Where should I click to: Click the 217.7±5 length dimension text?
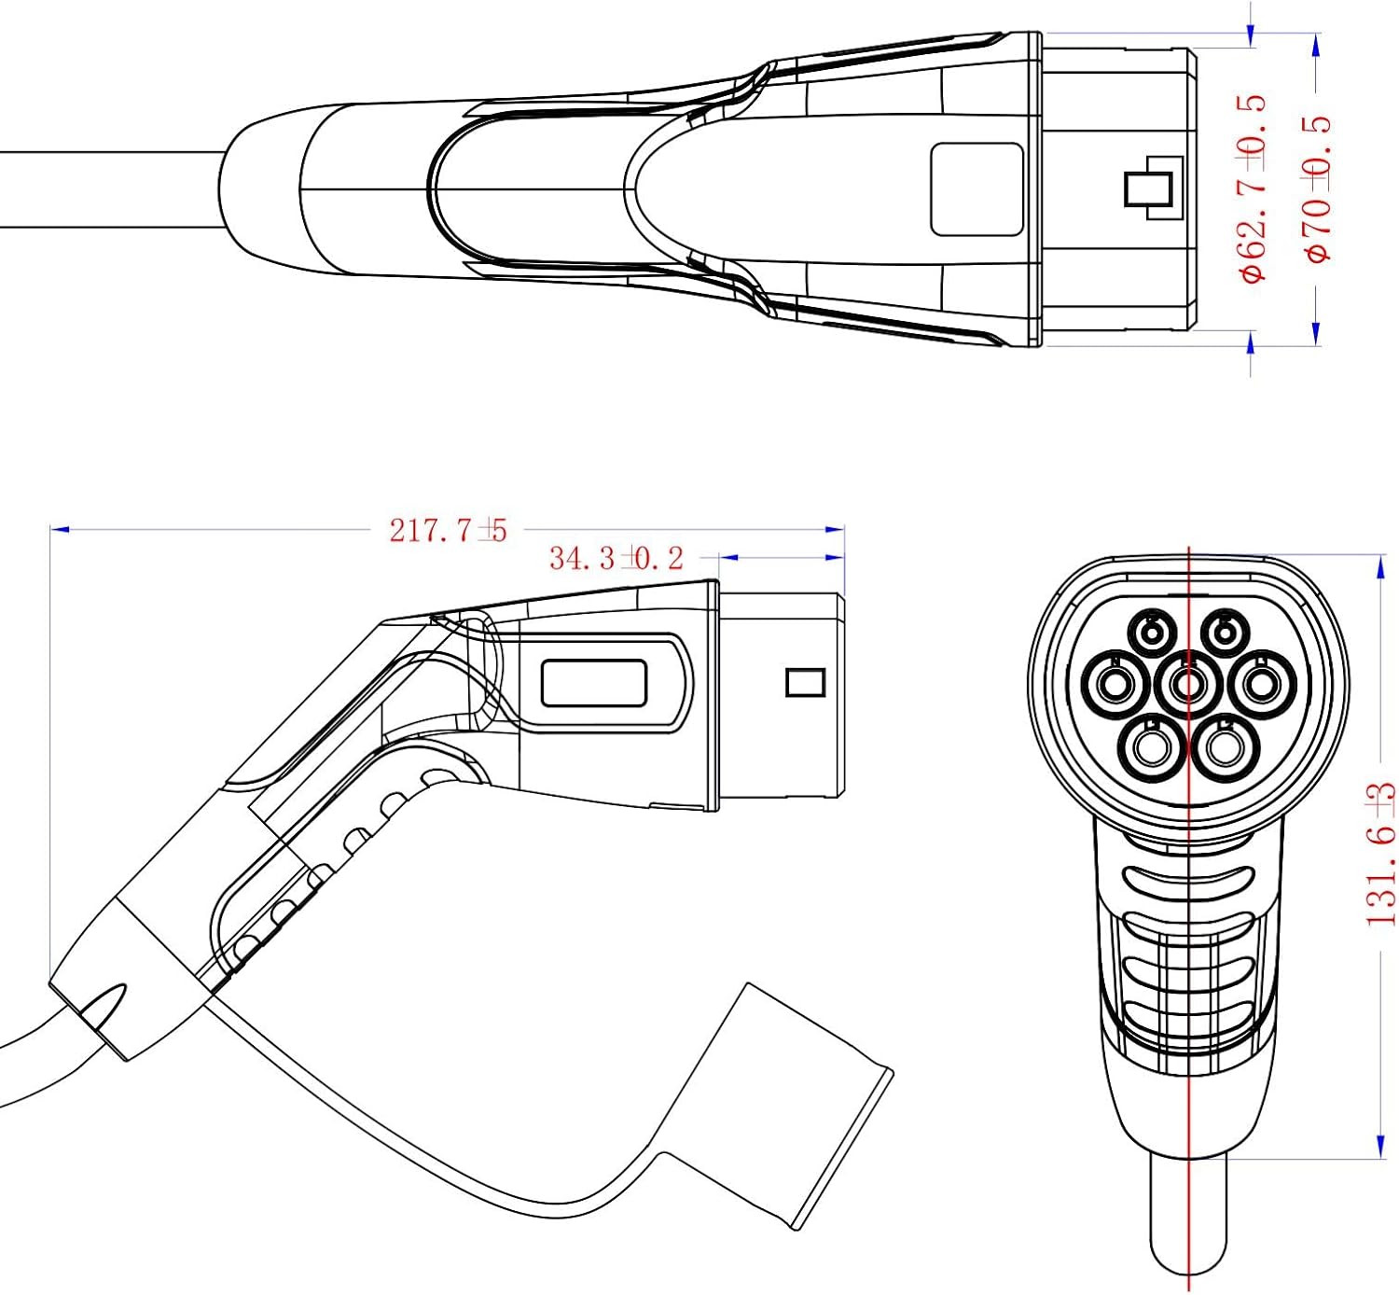[x=448, y=530]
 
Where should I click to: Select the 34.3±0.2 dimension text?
[x=616, y=558]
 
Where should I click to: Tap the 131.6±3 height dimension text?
[x=1381, y=854]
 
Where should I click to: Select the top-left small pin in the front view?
[x=1154, y=632]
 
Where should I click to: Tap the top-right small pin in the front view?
[x=1223, y=632]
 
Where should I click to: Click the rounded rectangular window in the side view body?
[x=594, y=682]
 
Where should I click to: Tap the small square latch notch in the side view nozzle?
[x=805, y=682]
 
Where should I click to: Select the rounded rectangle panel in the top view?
[x=977, y=189]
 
